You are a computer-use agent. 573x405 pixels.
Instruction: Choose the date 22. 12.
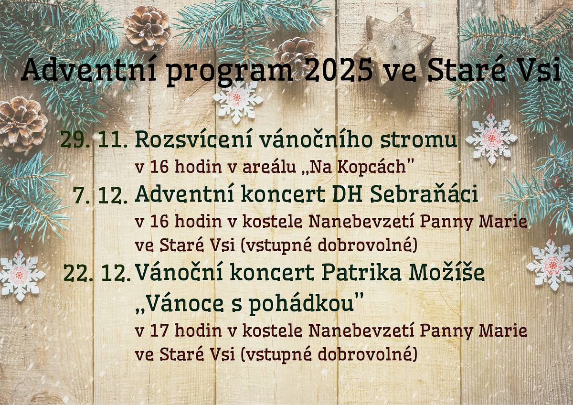(x=97, y=273)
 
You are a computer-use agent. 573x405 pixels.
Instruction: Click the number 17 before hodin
(x=158, y=330)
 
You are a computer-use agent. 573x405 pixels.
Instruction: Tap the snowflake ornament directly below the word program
(x=237, y=100)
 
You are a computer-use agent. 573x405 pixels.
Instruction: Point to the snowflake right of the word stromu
(x=491, y=139)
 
